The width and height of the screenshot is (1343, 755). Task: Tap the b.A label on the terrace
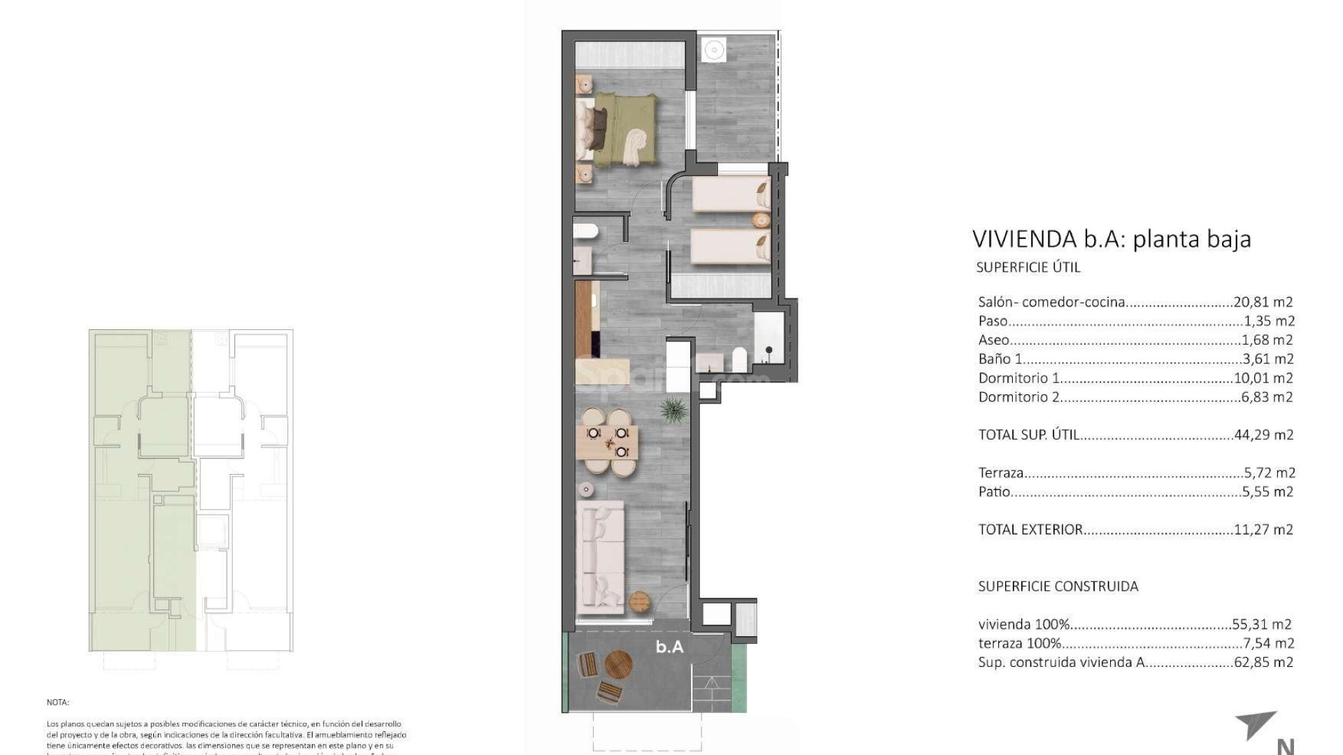(669, 647)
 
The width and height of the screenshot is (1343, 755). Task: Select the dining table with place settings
(609, 443)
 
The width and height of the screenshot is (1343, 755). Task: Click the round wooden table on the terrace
(618, 664)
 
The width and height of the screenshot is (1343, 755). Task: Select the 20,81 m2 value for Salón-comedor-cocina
(1263, 302)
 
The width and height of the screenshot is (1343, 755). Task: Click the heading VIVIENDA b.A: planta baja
(1111, 239)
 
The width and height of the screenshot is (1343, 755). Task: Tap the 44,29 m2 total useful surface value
(1263, 435)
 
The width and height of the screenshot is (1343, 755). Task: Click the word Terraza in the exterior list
(1001, 473)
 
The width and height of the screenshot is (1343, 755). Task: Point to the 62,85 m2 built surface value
(1263, 662)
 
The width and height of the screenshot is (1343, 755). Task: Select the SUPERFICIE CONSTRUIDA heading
(1058, 587)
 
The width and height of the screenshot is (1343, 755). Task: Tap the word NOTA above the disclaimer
(58, 702)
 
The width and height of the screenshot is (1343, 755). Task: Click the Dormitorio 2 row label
(1018, 397)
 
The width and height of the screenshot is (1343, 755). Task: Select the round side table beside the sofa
(641, 601)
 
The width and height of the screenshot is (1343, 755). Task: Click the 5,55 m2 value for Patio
(1267, 491)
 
